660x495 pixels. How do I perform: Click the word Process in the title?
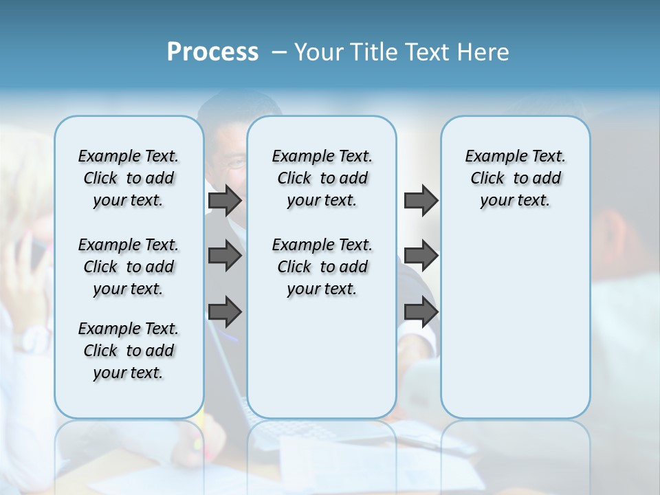(212, 52)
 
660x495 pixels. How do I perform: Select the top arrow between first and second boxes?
(224, 200)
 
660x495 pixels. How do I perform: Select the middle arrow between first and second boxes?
(224, 256)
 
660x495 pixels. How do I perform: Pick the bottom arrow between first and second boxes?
(224, 311)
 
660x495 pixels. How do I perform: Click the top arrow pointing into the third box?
(421, 200)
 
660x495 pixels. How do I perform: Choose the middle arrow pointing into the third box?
(421, 256)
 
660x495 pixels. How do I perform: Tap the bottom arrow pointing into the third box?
(421, 311)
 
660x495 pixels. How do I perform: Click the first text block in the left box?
(129, 178)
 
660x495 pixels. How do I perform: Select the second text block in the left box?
(129, 267)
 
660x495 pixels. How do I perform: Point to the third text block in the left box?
(129, 351)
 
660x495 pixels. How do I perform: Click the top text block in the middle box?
(322, 178)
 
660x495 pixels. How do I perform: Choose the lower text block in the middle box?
(322, 267)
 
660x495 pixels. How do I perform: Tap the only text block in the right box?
(515, 178)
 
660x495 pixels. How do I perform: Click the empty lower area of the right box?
(515, 323)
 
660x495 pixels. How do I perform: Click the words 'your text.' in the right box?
(515, 201)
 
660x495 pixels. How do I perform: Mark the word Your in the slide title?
(318, 52)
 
